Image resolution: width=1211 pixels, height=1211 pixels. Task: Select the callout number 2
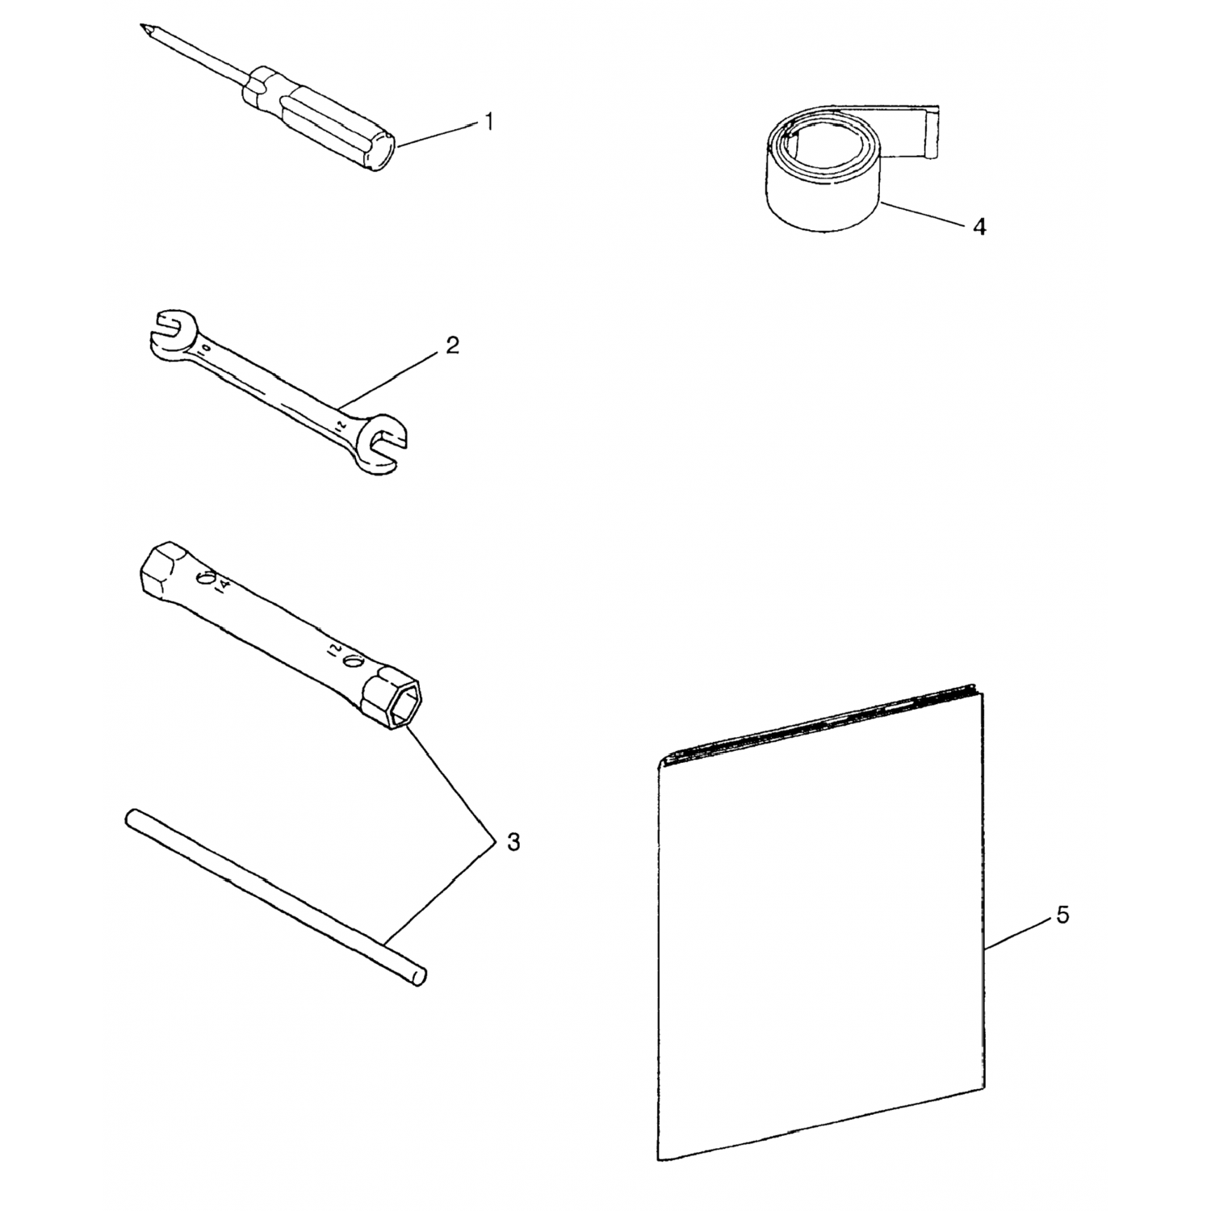(452, 346)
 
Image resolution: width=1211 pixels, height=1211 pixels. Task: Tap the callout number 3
(513, 842)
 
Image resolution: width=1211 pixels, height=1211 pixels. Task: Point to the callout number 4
(979, 227)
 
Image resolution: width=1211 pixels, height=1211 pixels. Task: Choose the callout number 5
(1062, 916)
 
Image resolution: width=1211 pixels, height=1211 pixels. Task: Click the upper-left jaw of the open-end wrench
(169, 330)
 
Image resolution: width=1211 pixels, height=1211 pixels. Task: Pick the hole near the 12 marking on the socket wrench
(351, 662)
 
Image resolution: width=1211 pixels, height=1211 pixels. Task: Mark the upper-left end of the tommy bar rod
(132, 818)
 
